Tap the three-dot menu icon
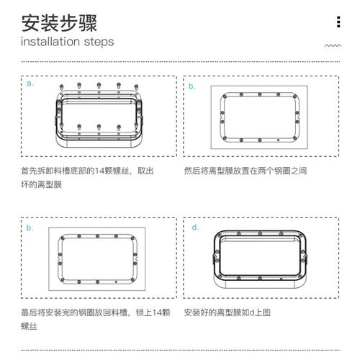(338, 22)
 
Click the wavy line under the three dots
(332, 45)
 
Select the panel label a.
(30, 84)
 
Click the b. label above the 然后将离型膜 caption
(192, 86)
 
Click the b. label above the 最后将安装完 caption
(30, 228)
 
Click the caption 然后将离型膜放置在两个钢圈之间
(245, 172)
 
